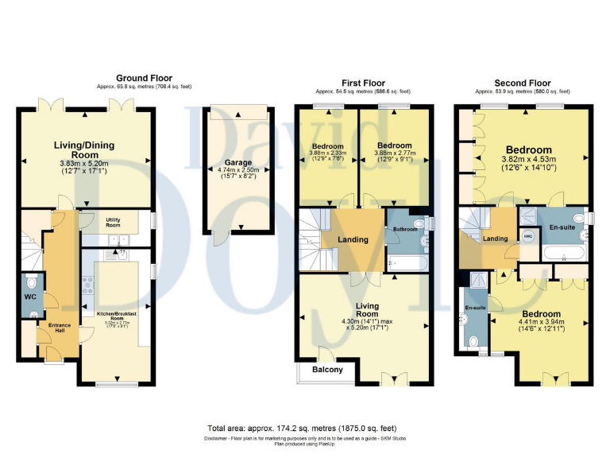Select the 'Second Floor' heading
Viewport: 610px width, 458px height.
tap(522, 82)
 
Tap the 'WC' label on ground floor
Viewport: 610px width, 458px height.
tap(30, 297)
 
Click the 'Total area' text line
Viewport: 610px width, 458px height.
tap(305, 428)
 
